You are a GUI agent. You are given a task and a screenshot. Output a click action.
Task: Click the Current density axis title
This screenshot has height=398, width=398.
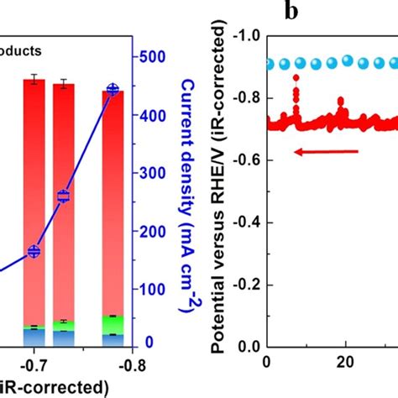click(x=189, y=198)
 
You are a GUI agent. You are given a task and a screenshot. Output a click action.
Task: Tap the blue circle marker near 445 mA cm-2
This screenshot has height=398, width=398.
click(x=113, y=90)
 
